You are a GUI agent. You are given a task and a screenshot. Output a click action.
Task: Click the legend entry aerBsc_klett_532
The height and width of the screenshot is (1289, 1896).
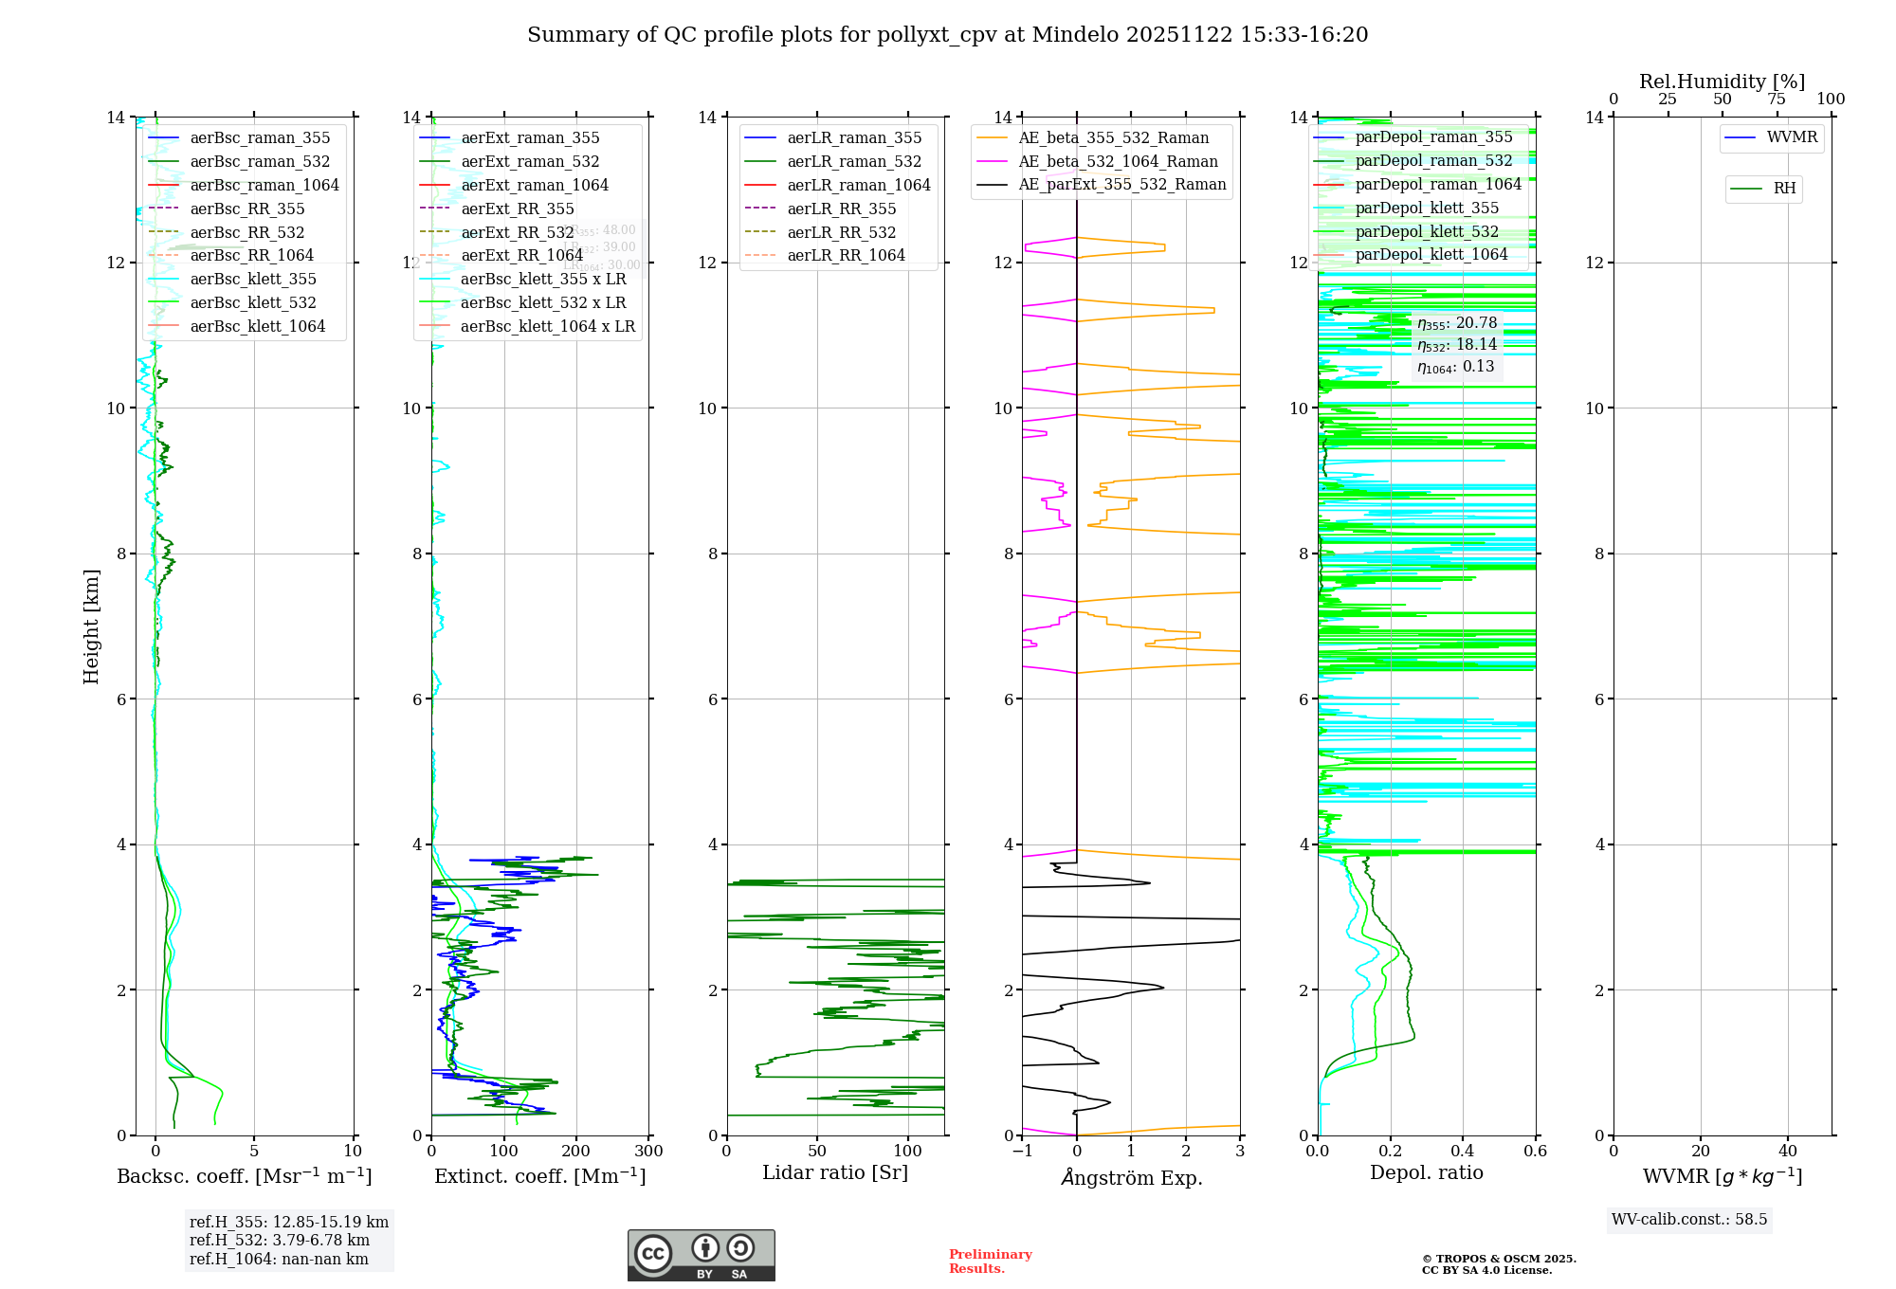(x=252, y=302)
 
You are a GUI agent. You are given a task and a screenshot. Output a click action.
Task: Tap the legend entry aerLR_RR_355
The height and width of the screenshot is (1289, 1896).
(x=841, y=209)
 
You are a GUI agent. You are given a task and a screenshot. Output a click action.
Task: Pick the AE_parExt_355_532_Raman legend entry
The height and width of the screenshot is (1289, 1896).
(x=1121, y=184)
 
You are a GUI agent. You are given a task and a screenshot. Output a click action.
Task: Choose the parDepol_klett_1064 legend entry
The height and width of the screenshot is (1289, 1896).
(x=1431, y=254)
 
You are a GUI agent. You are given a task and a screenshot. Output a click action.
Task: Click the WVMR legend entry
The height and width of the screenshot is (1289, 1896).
(x=1792, y=137)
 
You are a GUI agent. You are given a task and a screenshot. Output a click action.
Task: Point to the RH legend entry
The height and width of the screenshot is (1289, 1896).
(x=1784, y=189)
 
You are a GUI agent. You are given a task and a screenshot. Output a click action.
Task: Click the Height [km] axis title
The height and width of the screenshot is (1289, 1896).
(x=91, y=626)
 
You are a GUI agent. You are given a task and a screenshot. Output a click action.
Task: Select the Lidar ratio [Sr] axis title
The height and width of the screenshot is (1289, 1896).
(x=834, y=1172)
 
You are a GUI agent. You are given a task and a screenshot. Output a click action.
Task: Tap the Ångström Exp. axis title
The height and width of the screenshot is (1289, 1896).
(x=1131, y=1177)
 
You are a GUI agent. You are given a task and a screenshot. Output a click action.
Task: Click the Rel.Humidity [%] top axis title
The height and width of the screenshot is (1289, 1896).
(x=1722, y=82)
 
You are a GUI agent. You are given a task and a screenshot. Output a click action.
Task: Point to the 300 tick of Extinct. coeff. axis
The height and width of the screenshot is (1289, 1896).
(x=648, y=1152)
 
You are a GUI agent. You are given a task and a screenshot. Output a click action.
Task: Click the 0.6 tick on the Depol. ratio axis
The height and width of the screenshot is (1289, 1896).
(x=1535, y=1152)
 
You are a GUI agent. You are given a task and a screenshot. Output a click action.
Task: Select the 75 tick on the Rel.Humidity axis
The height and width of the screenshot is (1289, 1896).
(x=1776, y=100)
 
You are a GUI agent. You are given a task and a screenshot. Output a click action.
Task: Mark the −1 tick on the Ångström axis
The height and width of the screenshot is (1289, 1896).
(x=1022, y=1152)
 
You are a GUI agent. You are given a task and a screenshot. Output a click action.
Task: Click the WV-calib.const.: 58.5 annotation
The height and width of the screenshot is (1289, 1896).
(x=1688, y=1219)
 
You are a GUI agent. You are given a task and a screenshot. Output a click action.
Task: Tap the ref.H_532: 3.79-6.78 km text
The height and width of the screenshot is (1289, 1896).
(x=279, y=1240)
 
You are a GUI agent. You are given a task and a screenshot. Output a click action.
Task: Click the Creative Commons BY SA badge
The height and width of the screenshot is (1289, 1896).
(x=701, y=1256)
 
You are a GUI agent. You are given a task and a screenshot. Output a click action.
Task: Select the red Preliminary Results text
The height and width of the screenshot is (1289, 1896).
(x=990, y=1262)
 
